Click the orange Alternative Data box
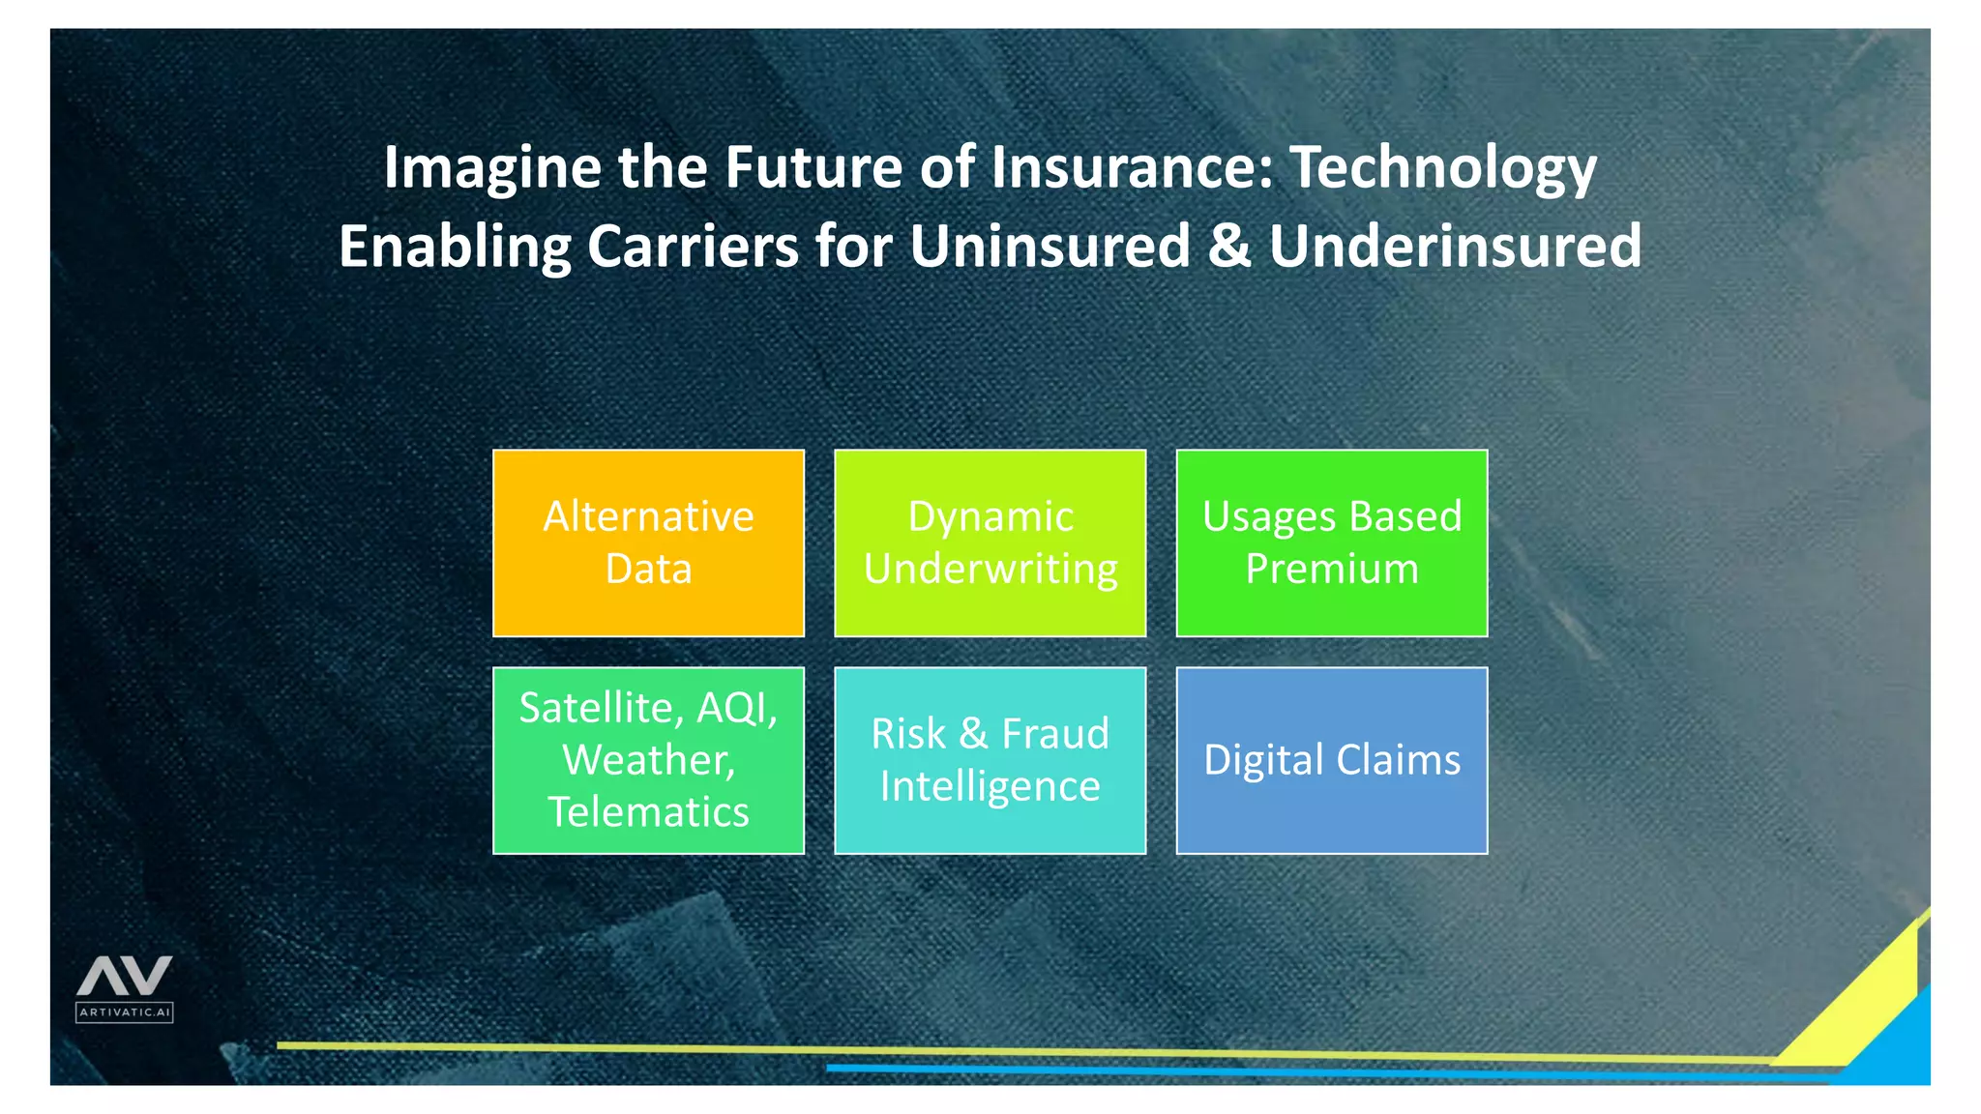point(648,542)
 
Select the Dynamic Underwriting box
point(990,542)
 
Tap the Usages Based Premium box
point(1331,542)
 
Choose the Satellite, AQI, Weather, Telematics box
point(648,760)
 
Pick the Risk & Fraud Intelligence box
point(990,760)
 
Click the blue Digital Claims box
point(1331,760)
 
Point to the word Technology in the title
point(1443,168)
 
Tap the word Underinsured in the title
point(1455,246)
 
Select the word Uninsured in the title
point(1050,246)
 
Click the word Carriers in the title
point(693,246)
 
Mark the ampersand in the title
point(1229,246)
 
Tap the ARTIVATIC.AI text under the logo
point(125,1012)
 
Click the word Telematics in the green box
point(648,812)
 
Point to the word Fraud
point(1054,734)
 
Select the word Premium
point(1331,569)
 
